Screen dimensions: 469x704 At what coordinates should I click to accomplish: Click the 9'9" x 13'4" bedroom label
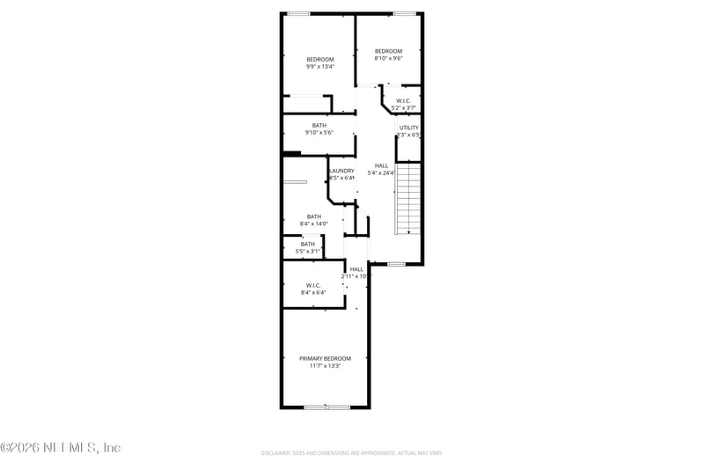[319, 59]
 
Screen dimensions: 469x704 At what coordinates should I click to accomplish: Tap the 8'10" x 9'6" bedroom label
[388, 51]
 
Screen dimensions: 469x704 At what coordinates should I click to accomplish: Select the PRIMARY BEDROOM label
[325, 358]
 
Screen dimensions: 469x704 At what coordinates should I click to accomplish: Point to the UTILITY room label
[409, 128]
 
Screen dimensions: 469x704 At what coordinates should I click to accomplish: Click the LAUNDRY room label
[341, 171]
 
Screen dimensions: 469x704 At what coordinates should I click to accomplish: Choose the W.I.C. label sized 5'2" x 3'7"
[404, 100]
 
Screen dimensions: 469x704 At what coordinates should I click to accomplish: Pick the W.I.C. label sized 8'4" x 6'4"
[314, 285]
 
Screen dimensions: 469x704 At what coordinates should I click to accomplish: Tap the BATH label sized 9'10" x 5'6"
[319, 125]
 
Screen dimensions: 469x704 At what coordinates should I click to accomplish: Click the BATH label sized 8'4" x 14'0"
[314, 216]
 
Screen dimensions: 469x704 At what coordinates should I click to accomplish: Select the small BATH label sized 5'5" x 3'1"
[308, 244]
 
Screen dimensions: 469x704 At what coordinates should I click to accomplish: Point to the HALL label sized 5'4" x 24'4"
[381, 165]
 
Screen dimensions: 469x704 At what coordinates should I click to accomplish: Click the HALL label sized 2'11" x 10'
[356, 269]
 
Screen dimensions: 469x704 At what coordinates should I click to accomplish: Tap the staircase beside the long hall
[408, 198]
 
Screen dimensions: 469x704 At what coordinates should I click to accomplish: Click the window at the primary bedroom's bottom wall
[326, 407]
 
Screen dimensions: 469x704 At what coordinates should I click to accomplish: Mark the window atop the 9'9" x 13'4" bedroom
[298, 13]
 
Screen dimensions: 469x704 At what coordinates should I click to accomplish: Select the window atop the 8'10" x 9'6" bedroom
[405, 13]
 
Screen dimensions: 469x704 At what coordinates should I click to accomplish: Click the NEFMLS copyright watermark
[61, 447]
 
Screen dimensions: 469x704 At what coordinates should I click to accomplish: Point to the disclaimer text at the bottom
[351, 452]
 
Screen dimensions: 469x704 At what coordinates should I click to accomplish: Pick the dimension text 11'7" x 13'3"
[325, 366]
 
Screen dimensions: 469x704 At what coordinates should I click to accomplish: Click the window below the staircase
[396, 264]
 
